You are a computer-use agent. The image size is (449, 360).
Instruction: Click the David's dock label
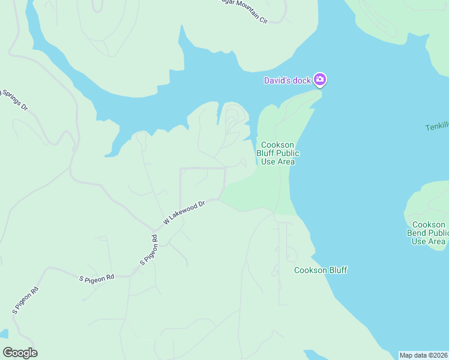click(288, 80)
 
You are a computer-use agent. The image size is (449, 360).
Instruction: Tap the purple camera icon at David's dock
click(320, 79)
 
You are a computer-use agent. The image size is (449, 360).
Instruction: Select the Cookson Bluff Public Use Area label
click(279, 153)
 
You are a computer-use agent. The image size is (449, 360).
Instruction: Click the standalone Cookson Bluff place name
click(321, 270)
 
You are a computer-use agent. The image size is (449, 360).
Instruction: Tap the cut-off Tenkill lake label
click(436, 127)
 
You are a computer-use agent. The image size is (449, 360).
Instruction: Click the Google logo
click(20, 353)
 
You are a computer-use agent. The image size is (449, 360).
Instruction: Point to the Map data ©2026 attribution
click(424, 355)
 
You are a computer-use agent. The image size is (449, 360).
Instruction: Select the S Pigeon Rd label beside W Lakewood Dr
click(149, 251)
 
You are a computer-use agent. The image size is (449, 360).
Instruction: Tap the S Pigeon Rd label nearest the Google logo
click(25, 301)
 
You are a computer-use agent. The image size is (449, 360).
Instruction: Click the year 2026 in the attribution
click(439, 355)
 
